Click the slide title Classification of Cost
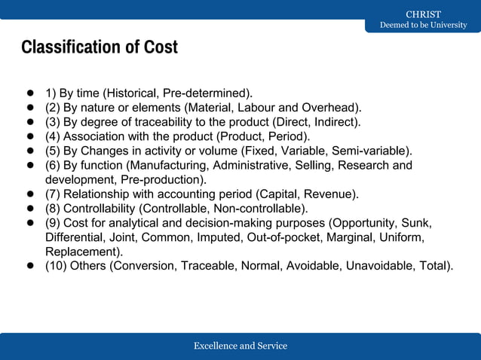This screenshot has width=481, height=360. coord(100,47)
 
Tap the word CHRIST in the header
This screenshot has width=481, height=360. coord(423,14)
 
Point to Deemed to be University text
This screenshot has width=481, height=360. coord(423,26)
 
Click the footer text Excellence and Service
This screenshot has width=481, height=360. coord(240,346)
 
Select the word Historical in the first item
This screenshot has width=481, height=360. coord(133,93)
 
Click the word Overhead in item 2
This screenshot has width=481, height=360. coord(332,108)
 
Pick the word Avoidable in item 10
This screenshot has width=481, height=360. coord(308,266)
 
